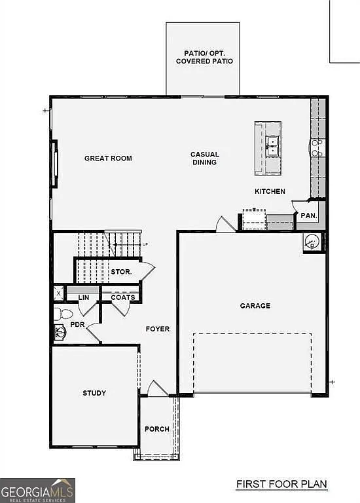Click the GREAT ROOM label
coord(108,158)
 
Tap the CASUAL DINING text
coord(205,158)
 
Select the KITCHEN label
coord(270,191)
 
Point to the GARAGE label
coord(255,306)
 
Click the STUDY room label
coord(94,393)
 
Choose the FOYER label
coord(157,329)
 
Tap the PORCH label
coord(157,430)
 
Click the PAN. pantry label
coord(308,215)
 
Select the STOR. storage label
coord(121,271)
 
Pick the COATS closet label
coord(122,297)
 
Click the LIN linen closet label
coord(83,297)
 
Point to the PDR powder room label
coord(77,324)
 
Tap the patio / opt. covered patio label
coord(204,57)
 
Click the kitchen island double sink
coord(273,145)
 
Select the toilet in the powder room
coord(58,312)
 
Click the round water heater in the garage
coord(312,242)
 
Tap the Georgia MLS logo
coord(37,490)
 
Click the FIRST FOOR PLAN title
coord(281,485)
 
